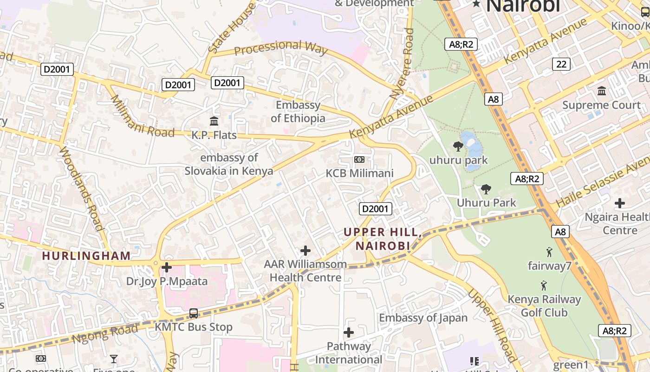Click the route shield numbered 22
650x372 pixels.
561,64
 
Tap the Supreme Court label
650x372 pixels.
601,105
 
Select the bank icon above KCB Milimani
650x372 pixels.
359,159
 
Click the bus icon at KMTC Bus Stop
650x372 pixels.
194,313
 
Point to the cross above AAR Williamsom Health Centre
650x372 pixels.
305,251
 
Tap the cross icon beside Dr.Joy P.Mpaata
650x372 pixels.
167,267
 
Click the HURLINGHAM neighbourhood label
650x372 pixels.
86,256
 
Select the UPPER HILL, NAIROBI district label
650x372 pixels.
383,239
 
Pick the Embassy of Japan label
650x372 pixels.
423,318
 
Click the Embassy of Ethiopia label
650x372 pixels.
298,112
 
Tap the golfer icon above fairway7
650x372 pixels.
549,252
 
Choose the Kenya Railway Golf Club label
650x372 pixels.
544,306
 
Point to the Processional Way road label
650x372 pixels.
280,47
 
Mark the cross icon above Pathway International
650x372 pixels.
349,332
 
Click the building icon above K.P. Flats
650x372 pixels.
214,121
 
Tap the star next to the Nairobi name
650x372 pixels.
476,4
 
